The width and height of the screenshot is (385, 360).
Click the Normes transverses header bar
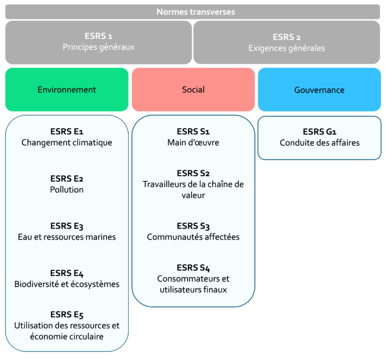tap(192, 12)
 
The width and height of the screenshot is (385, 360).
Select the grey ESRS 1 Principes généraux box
tap(98, 42)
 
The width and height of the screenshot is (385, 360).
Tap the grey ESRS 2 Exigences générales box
tap(286, 43)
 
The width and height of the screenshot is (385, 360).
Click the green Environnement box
tap(67, 90)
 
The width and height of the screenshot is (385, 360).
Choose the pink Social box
tap(193, 90)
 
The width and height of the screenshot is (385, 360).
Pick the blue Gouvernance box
tap(319, 90)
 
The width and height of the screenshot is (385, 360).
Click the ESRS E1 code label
tap(67, 132)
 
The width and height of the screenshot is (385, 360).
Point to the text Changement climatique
tap(67, 143)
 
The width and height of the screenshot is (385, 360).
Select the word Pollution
tap(67, 190)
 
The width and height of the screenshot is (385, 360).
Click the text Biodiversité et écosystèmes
tap(67, 284)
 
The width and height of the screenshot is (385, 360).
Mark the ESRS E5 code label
tap(67, 314)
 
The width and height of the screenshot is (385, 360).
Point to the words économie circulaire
tap(67, 336)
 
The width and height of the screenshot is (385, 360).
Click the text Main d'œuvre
tap(193, 143)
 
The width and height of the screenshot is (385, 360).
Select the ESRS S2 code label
tap(193, 173)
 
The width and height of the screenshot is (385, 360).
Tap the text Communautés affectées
tap(193, 237)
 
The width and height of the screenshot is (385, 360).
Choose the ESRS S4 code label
tap(193, 268)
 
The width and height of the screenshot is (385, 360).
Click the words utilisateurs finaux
tap(193, 289)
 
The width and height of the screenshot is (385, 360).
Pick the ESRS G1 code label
tap(319, 132)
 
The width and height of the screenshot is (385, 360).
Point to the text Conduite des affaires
tap(319, 143)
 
